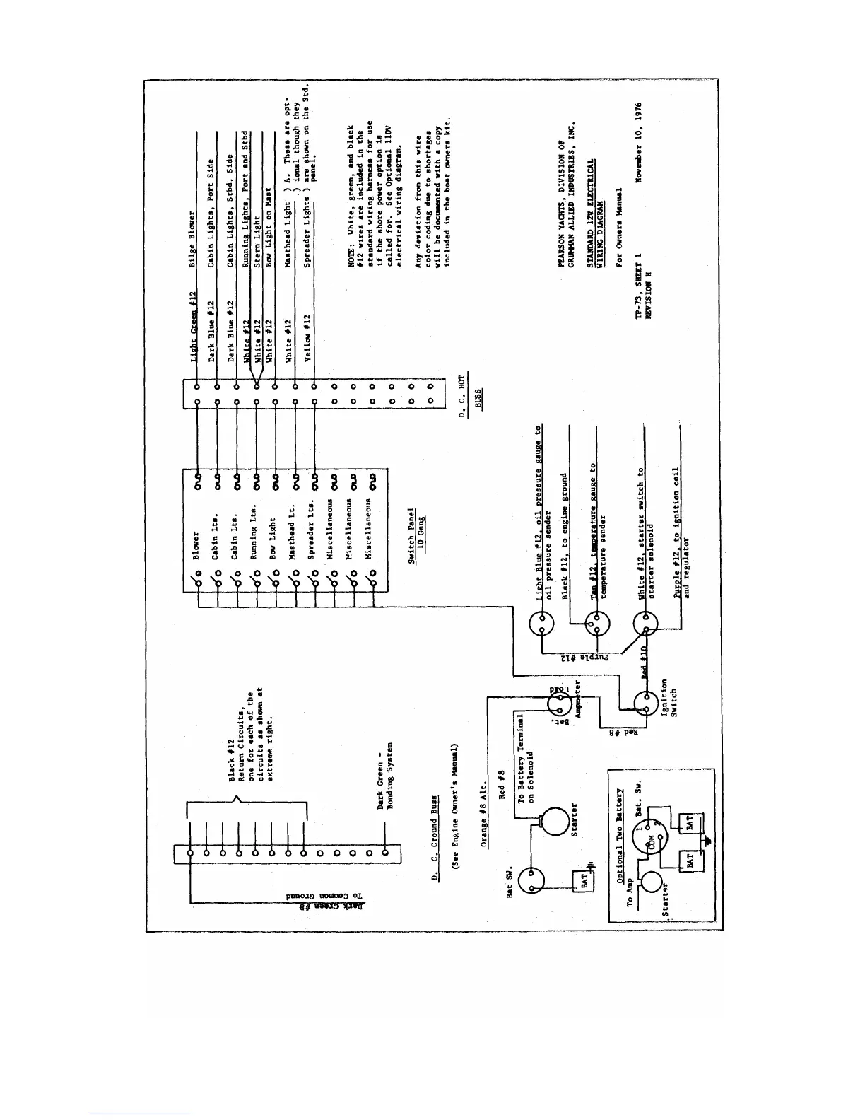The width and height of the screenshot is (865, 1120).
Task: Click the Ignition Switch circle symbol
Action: tap(645, 704)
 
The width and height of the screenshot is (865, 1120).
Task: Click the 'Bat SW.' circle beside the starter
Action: tap(531, 881)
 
